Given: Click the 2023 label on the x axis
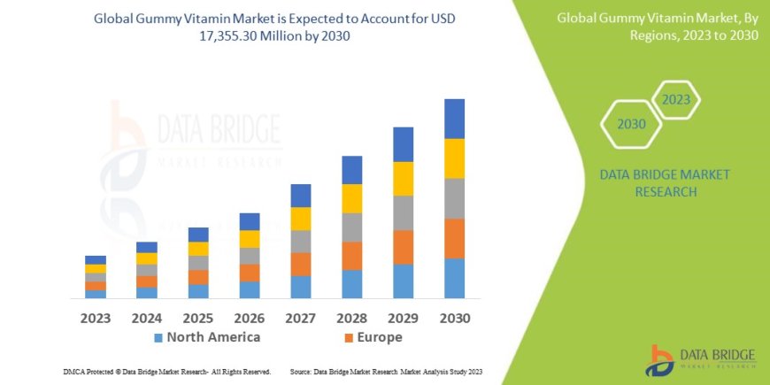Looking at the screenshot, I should click(x=96, y=317).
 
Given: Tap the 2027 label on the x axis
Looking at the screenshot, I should click(x=301, y=317).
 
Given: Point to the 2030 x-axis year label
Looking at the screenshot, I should click(x=454, y=317).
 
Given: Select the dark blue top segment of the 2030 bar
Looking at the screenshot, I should click(x=454, y=119).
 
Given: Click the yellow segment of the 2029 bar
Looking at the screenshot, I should click(x=403, y=179).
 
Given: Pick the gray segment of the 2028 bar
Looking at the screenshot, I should click(x=351, y=227).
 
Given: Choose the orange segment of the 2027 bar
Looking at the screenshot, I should click(x=301, y=264).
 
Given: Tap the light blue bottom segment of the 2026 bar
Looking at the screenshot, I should click(x=250, y=289).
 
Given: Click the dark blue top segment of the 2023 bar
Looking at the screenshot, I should click(x=96, y=259).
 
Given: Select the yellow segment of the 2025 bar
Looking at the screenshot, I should click(x=198, y=249).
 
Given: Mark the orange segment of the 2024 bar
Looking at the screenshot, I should click(x=147, y=281).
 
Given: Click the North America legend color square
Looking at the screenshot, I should click(x=158, y=338).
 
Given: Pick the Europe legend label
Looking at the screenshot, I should click(x=381, y=337).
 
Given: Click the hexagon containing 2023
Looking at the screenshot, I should click(x=676, y=99).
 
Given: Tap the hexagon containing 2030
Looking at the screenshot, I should click(x=631, y=124).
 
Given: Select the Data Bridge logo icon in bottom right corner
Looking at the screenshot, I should click(x=662, y=360).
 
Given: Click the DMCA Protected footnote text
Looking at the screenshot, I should click(x=167, y=372).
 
